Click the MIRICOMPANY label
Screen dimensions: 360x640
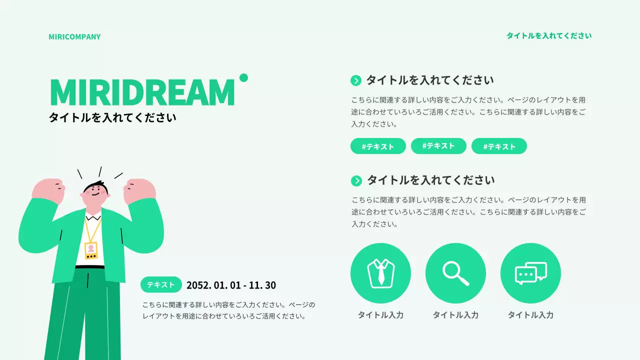(x=74, y=36)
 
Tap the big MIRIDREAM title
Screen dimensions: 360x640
(x=142, y=92)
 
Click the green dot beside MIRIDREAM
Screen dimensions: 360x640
(x=243, y=77)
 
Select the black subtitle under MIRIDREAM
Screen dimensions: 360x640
(x=112, y=118)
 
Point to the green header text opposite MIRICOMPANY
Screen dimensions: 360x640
(x=548, y=35)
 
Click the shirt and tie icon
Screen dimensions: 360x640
(x=380, y=273)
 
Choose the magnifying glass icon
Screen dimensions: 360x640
(x=455, y=273)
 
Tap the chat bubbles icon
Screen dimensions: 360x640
(x=530, y=273)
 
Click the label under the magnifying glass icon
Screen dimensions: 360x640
(x=455, y=315)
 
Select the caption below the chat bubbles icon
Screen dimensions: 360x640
(x=530, y=315)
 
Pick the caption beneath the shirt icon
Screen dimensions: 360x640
(x=380, y=315)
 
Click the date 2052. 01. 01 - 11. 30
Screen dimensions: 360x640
(x=231, y=285)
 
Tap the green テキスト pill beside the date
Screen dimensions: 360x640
(x=161, y=284)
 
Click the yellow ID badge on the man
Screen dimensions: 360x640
(x=91, y=250)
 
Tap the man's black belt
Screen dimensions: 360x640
(x=90, y=267)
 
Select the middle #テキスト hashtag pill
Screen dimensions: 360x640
(x=438, y=146)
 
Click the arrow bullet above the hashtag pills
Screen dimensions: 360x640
(x=356, y=80)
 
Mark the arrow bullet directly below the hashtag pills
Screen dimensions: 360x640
(x=356, y=181)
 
